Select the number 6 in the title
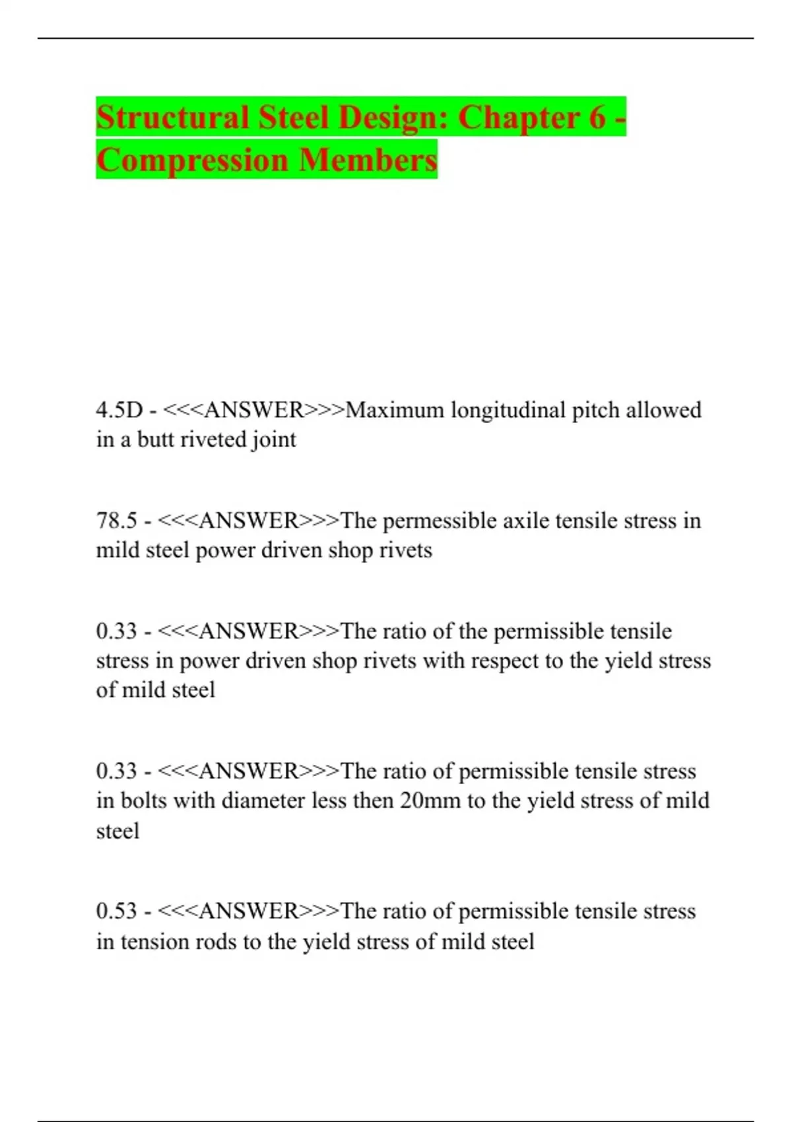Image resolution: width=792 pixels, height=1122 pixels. click(597, 117)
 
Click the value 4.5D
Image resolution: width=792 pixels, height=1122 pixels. click(119, 410)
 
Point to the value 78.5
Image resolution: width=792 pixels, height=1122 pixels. click(117, 521)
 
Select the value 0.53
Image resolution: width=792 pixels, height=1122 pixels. click(117, 911)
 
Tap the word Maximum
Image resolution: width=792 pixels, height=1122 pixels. click(395, 410)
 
